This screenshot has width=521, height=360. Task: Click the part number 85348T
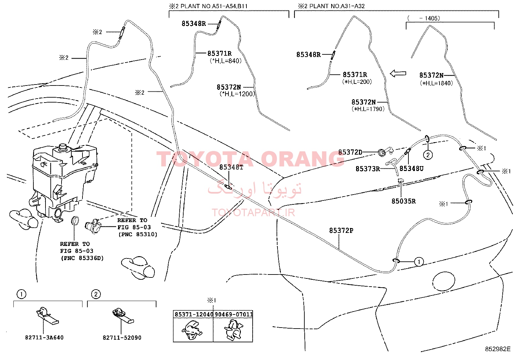point(231,167)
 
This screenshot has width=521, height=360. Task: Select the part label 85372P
point(341,231)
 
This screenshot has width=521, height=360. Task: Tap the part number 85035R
point(404,201)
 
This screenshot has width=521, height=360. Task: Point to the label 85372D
point(350,152)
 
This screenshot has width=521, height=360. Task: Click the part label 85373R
point(368,169)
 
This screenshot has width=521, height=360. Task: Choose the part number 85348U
point(411,169)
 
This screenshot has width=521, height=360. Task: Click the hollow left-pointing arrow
point(398,73)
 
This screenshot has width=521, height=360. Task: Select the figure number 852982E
point(498,349)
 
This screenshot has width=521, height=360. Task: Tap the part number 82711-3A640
point(44,337)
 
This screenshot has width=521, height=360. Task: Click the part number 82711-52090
point(122,337)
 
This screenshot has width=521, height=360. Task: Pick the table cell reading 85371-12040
point(193,314)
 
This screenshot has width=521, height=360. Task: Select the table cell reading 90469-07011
point(233,314)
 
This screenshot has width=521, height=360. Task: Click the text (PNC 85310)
point(138,234)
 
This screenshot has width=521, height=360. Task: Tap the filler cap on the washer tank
point(62,147)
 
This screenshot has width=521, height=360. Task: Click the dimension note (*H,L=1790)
point(368,109)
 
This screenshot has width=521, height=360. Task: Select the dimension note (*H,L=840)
point(225,61)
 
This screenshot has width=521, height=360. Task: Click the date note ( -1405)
point(423,18)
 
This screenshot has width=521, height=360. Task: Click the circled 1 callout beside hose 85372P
point(419,262)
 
